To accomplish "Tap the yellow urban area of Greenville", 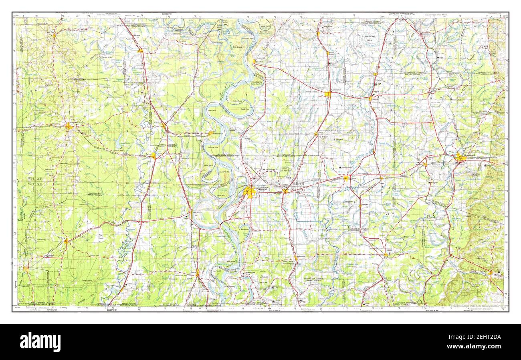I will click(x=249, y=193).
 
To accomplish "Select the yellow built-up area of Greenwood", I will click(x=460, y=158).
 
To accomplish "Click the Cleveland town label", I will click(x=336, y=89).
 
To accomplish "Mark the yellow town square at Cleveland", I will click(x=328, y=94).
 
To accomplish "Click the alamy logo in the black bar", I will click(x=40, y=342).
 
